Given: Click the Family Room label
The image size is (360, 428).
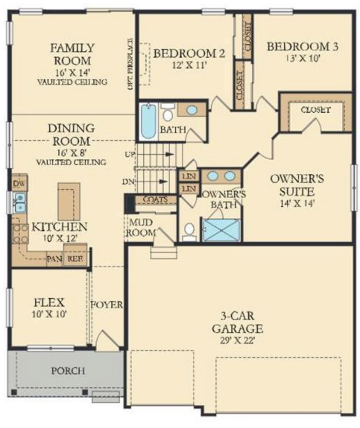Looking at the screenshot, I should point(72,54).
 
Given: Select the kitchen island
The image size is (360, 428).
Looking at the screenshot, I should point(69,201).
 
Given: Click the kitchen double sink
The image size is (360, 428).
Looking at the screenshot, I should point(20,202).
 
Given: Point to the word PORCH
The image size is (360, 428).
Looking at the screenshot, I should point(68,371).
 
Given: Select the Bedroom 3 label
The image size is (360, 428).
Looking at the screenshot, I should point(303,47).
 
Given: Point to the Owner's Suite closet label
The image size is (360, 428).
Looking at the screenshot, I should point(315,110).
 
